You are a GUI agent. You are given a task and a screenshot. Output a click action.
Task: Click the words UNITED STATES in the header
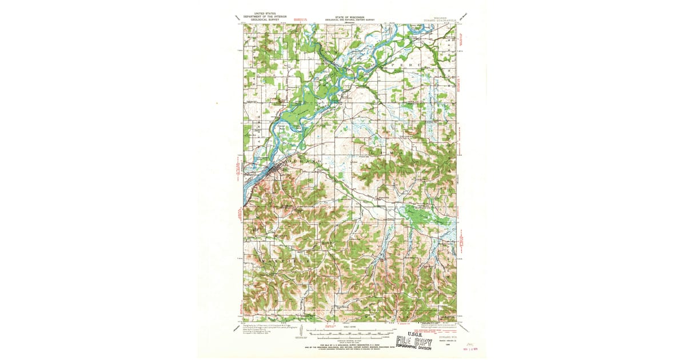265,12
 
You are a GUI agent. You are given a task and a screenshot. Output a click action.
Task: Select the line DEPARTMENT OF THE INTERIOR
265,15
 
